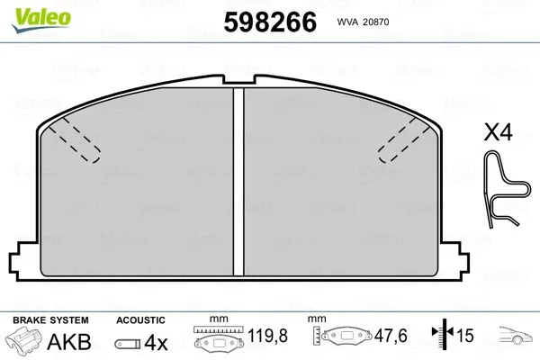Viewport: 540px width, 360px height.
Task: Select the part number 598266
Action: (x=268, y=22)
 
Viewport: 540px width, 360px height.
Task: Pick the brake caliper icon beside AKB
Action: (x=25, y=342)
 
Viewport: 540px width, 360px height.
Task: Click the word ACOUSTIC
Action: (x=141, y=319)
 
